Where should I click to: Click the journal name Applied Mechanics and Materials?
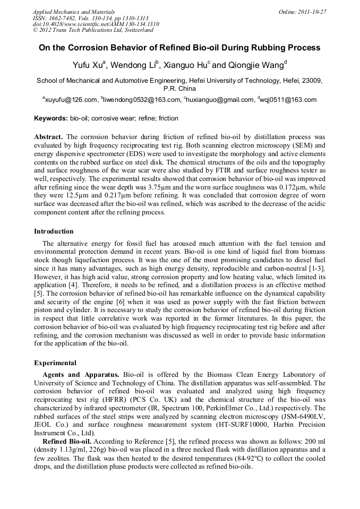(67, 12)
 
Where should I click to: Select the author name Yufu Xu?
(88, 65)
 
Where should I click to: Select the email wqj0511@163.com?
(289, 99)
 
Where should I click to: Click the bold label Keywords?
(51, 118)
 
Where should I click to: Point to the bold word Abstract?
(48, 137)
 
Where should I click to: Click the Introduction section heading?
(54, 231)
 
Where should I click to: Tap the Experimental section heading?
(55, 363)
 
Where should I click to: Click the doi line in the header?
(96, 24)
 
